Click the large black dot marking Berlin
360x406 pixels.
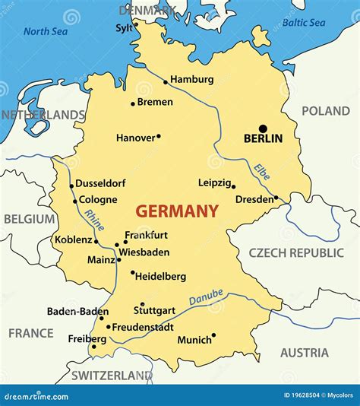[x=263, y=128]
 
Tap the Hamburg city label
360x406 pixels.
[x=191, y=79]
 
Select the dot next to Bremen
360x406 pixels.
[x=133, y=103]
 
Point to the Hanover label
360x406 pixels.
[x=134, y=138]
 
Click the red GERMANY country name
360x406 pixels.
[x=177, y=211]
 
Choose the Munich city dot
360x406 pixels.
[x=213, y=335]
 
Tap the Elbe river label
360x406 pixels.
[x=262, y=172]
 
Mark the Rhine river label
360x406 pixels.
[x=95, y=220]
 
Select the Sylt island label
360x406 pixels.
[x=123, y=28]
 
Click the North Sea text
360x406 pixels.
[x=46, y=31]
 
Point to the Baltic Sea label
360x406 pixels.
[x=304, y=23]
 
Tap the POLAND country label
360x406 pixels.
[x=325, y=111]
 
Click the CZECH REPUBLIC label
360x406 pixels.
[x=296, y=252]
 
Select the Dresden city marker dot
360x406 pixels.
[x=276, y=198]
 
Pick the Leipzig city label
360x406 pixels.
[x=214, y=182]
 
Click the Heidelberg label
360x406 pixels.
[x=160, y=277]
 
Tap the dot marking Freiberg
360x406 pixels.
[x=94, y=347]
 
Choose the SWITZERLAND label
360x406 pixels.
[x=112, y=376]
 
